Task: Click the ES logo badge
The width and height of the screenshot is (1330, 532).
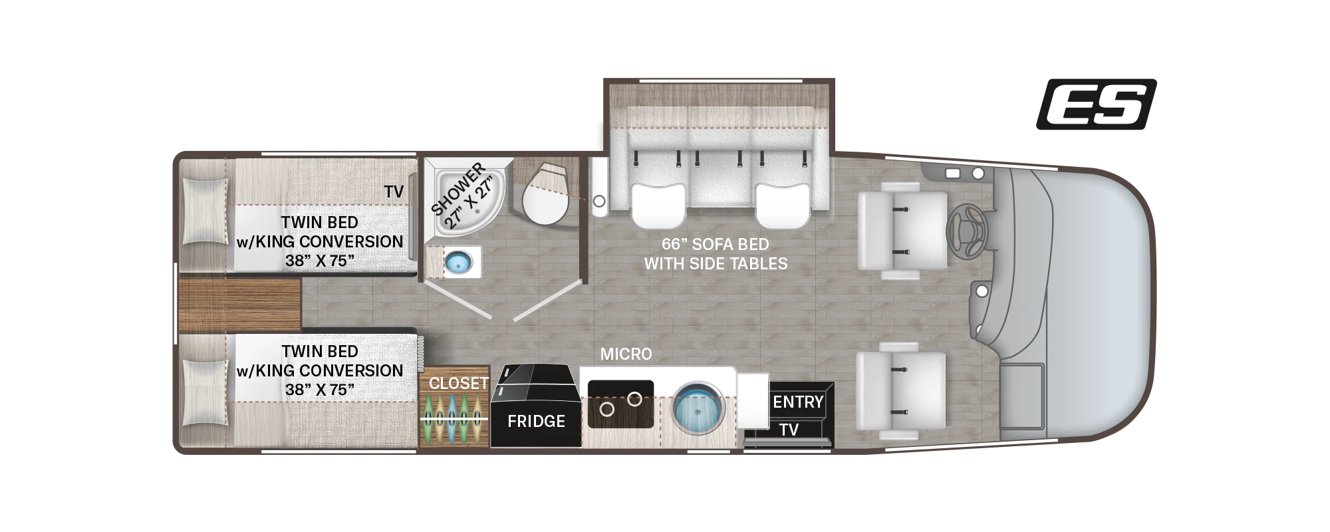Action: tap(1096, 104)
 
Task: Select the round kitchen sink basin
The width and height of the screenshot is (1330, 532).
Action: tap(698, 408)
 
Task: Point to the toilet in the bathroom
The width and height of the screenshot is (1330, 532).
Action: tap(545, 192)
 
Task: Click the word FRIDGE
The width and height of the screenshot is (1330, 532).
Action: tap(536, 421)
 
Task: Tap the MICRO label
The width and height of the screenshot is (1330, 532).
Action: tap(626, 354)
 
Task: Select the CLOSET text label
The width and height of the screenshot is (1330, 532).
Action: tap(458, 383)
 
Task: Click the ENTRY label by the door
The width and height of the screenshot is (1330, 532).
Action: tap(798, 402)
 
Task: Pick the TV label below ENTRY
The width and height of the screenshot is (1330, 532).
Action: tap(789, 430)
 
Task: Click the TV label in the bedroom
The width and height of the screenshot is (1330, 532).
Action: tap(394, 192)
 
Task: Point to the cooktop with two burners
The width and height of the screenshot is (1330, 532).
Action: tap(620, 404)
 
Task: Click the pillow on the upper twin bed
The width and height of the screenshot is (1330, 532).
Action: tap(204, 212)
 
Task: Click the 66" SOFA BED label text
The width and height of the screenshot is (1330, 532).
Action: tap(716, 244)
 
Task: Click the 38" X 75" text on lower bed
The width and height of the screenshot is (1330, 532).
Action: tap(320, 390)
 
